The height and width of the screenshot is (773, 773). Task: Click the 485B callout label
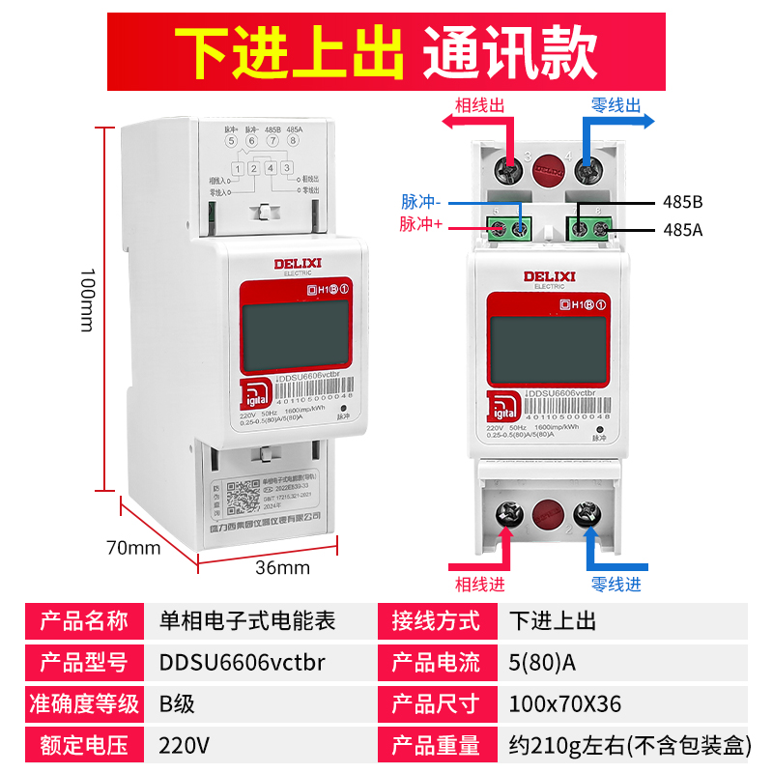(x=683, y=203)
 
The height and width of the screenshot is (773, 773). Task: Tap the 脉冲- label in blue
(x=420, y=203)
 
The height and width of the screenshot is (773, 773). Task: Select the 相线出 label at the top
(x=478, y=105)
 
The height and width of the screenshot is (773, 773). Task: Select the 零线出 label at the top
(x=616, y=105)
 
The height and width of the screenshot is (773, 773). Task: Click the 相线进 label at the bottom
(x=478, y=585)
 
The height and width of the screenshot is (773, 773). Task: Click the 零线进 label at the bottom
(x=616, y=585)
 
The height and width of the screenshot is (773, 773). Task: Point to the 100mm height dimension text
(x=85, y=300)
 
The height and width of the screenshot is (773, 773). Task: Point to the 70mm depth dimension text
(x=132, y=548)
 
